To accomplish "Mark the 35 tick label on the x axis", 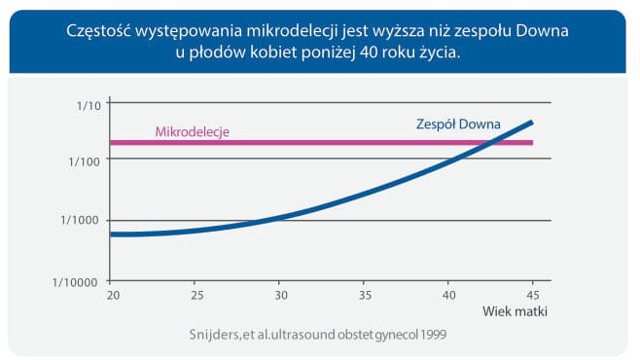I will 364,296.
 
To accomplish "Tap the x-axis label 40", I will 448,296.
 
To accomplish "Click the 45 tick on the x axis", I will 532,296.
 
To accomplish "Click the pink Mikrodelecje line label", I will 192,131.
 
